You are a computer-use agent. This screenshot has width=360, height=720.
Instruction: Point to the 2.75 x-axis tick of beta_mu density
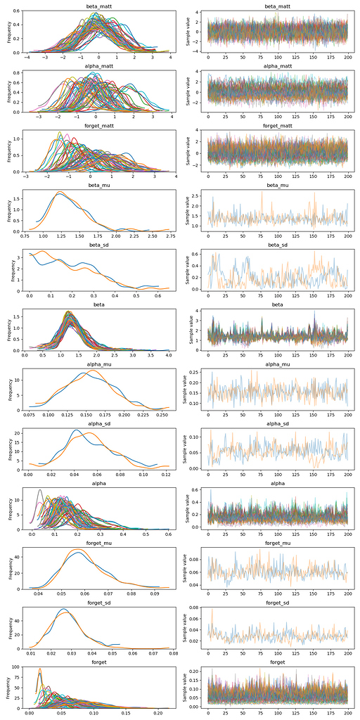point(169,238)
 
